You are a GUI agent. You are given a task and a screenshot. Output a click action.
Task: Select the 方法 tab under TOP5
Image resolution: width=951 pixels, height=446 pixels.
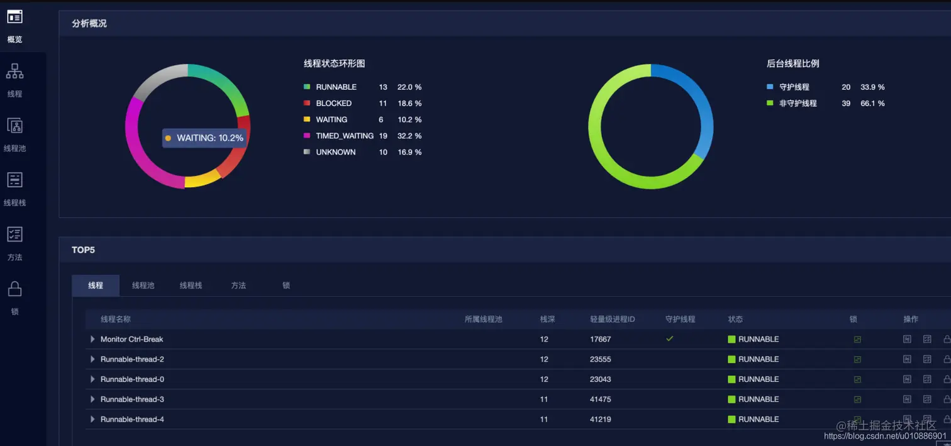(x=238, y=285)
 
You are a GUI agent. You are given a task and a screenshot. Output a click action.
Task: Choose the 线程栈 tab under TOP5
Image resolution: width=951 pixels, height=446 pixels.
(x=191, y=285)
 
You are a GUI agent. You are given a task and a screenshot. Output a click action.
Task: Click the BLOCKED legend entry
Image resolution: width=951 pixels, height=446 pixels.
(x=333, y=104)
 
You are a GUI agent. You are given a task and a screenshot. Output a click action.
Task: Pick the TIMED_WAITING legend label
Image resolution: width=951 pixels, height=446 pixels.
(x=344, y=136)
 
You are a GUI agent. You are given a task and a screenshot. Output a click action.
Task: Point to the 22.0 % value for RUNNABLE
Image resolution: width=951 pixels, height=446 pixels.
(x=409, y=87)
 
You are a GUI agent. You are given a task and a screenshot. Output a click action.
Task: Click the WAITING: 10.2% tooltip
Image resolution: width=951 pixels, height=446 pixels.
(x=204, y=138)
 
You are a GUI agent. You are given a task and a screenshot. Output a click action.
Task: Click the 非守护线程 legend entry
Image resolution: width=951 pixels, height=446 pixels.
(x=798, y=104)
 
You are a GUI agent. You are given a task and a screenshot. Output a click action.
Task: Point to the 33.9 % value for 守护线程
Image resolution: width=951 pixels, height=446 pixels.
(x=872, y=87)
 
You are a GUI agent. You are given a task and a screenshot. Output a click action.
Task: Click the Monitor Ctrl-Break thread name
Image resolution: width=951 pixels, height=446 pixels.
(x=131, y=339)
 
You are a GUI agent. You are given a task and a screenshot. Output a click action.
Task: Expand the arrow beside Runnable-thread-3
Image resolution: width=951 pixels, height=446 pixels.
(x=92, y=400)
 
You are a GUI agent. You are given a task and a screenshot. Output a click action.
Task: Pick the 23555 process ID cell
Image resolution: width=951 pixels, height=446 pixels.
(x=600, y=359)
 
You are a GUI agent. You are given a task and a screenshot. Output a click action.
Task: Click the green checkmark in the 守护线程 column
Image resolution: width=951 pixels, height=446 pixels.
(x=670, y=339)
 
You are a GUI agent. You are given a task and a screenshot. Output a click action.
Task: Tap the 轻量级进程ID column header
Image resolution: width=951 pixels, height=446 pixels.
(x=612, y=319)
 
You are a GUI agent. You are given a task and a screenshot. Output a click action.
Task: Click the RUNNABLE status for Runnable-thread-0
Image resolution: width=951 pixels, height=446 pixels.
(x=758, y=379)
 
